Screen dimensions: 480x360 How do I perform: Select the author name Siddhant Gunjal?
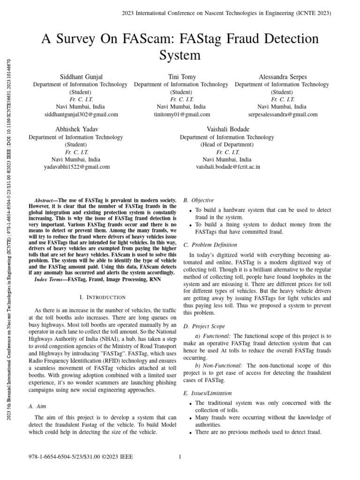point(80,76)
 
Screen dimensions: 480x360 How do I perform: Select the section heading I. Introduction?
point(103,297)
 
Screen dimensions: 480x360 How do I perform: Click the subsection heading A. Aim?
point(37,406)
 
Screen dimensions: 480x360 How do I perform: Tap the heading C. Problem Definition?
point(210,245)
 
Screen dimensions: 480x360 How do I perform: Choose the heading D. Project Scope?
point(204,326)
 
